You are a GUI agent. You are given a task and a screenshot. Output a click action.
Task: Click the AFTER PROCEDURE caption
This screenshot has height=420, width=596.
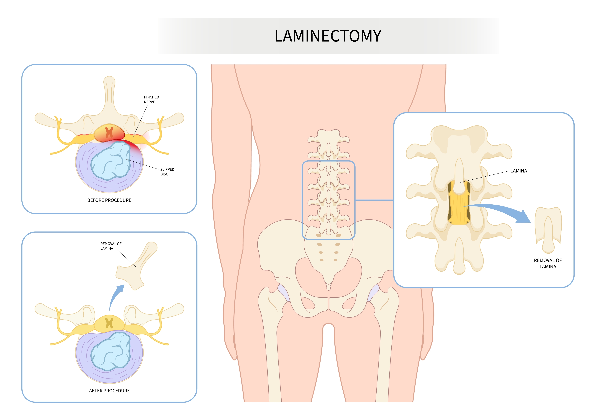[x=109, y=391]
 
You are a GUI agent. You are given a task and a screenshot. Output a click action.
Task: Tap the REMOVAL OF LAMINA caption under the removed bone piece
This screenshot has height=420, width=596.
[x=548, y=263]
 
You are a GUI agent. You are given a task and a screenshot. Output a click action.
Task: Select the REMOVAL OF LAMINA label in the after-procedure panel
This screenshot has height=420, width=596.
[x=111, y=246]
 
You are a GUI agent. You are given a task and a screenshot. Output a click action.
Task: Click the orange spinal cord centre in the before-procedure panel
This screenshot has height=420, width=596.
[x=109, y=132]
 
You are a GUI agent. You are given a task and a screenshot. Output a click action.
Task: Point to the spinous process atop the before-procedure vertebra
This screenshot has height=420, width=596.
[x=109, y=93]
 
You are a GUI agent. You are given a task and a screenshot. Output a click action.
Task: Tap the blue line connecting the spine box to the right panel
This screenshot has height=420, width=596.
[x=374, y=200]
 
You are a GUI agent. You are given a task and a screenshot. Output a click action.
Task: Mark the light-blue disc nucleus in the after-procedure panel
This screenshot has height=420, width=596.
[x=110, y=351]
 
